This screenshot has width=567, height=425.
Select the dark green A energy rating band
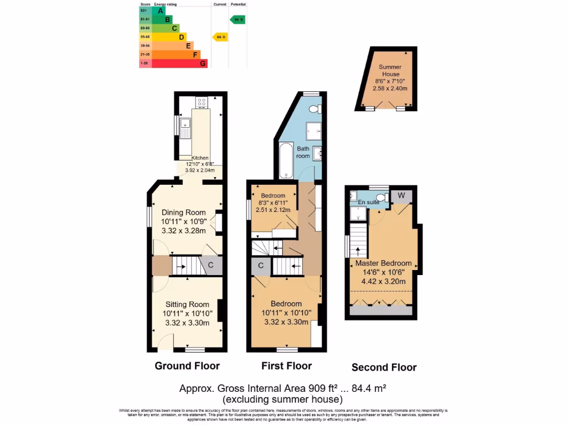click(x=152, y=11)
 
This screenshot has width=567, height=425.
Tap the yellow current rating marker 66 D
click(x=220, y=37)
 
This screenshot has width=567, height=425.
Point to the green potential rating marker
click(x=237, y=19)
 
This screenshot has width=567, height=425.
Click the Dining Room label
click(x=183, y=212)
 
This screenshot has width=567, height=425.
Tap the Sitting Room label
click(x=187, y=304)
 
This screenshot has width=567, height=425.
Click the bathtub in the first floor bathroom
click(x=286, y=160)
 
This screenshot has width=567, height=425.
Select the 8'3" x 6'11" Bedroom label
click(x=273, y=195)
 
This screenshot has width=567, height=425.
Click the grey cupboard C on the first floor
click(x=260, y=266)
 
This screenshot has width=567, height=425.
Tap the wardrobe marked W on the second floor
click(x=400, y=195)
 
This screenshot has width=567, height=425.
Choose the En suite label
click(x=369, y=203)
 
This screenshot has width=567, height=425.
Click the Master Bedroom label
click(x=383, y=263)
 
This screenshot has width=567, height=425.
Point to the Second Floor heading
click(x=384, y=367)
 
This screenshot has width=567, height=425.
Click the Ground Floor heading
click(x=187, y=366)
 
